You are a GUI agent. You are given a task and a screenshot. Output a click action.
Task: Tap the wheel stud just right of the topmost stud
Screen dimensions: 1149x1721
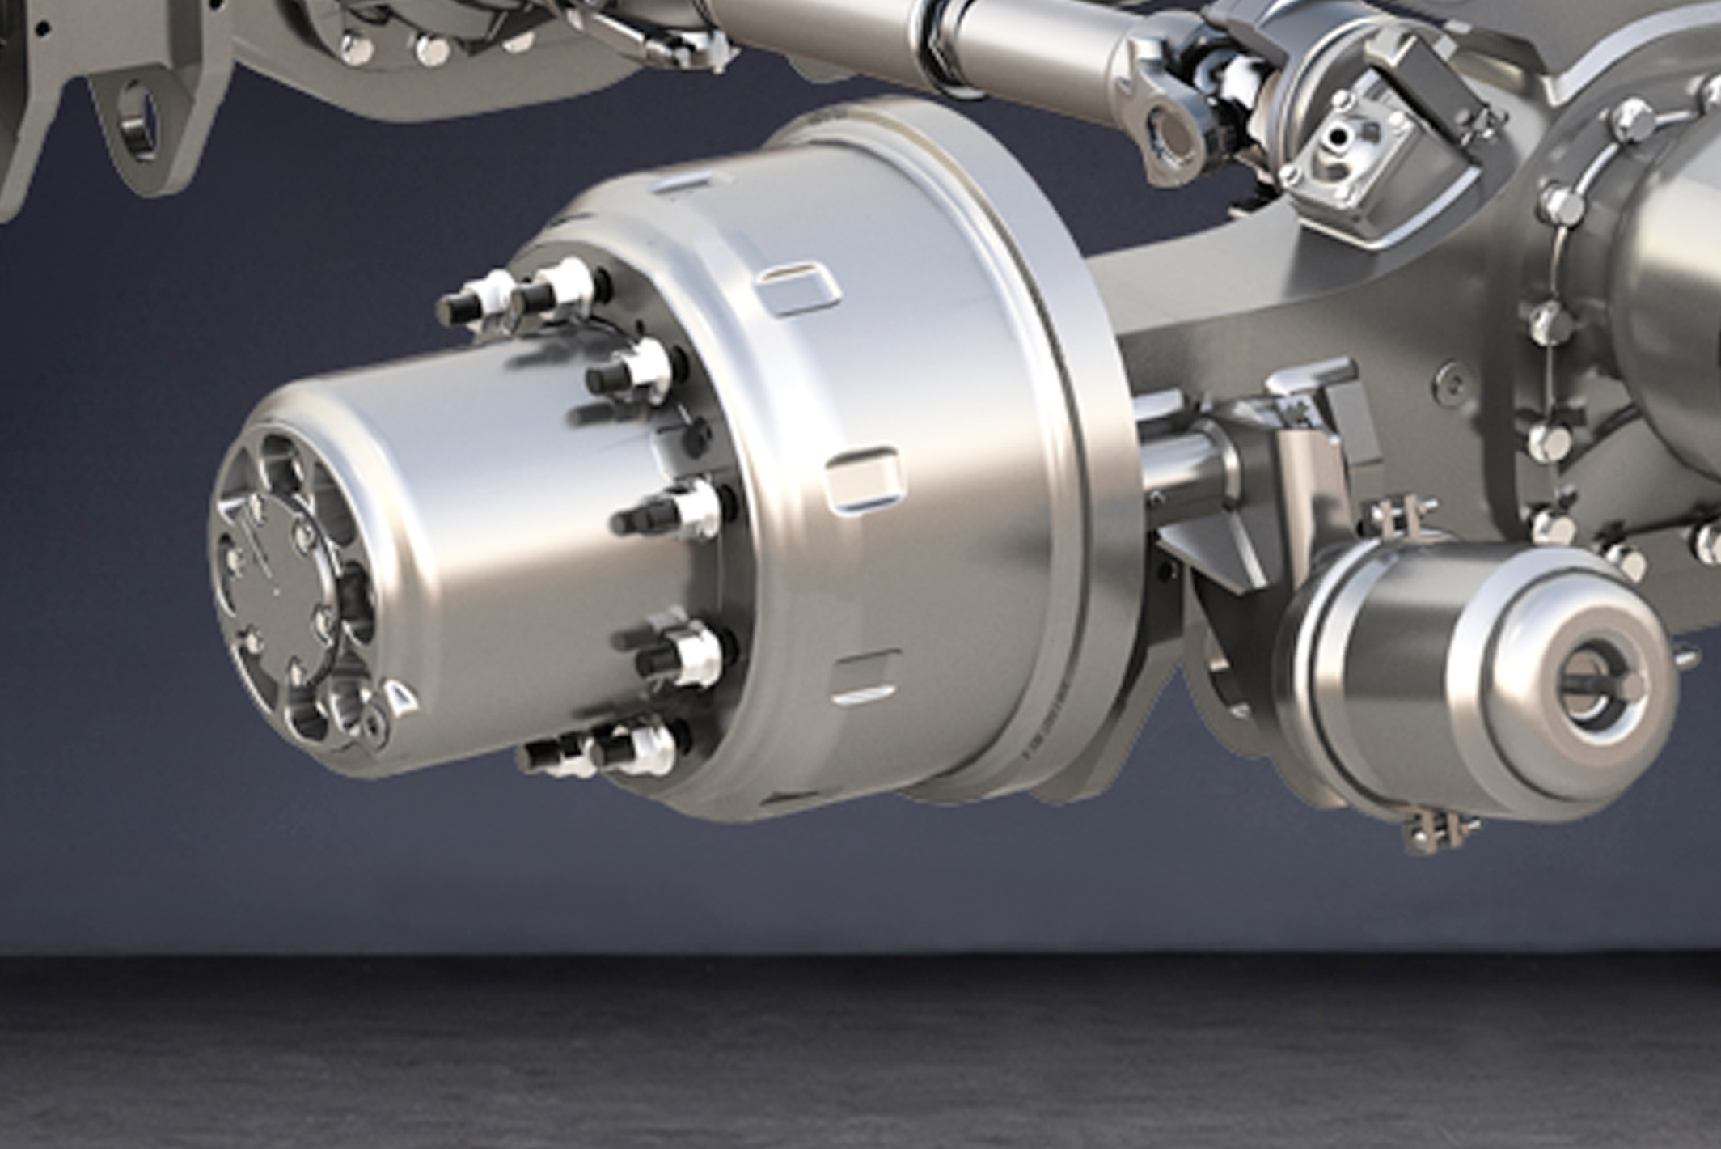[558, 287]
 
